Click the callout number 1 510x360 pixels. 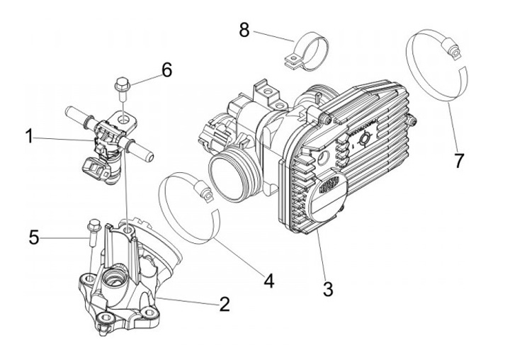(30, 135)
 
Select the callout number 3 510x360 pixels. (327, 288)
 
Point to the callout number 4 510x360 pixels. (268, 281)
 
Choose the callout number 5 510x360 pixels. (33, 237)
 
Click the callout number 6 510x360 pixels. (166, 69)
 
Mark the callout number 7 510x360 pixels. (459, 160)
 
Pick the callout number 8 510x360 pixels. (244, 30)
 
